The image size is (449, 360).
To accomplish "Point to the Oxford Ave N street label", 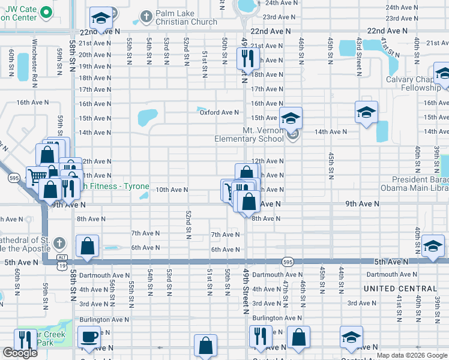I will coord(219,112).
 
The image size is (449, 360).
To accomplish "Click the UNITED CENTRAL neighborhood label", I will coord(400,289).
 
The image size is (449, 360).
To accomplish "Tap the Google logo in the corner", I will coord(20,353).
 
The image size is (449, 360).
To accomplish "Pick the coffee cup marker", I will coord(89,338).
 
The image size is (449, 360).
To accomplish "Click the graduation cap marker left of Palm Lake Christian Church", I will coord(101,18).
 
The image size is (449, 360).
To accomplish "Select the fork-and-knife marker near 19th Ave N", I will coord(247,58).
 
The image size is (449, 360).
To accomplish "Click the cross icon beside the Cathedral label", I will coord(58,244).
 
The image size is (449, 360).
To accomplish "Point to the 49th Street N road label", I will coord(246,291).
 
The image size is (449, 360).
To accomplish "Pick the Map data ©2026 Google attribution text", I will coord(412,355).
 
